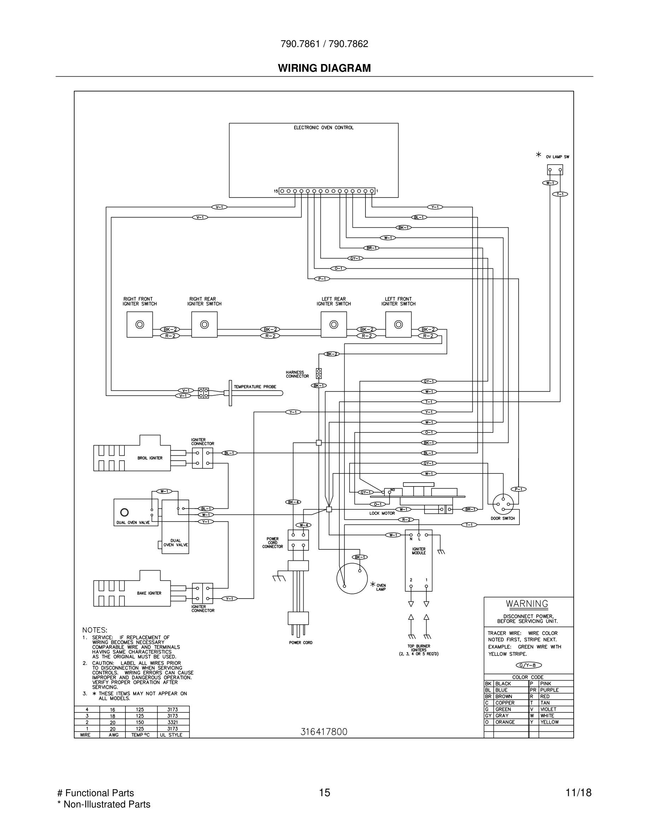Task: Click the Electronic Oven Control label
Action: click(x=323, y=128)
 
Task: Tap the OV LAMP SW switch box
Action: click(x=555, y=170)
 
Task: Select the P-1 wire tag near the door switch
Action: click(x=518, y=489)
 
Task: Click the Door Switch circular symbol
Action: click(x=503, y=504)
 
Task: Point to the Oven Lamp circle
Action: click(x=352, y=578)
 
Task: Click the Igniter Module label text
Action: click(x=419, y=551)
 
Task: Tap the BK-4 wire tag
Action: click(x=293, y=502)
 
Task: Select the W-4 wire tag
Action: click(x=303, y=525)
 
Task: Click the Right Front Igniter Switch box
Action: click(x=140, y=325)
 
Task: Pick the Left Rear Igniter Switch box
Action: click(x=334, y=325)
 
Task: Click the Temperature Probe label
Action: click(x=255, y=386)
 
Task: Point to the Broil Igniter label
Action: click(x=150, y=458)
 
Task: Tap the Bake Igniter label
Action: click(x=149, y=593)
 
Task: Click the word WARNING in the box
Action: click(x=527, y=604)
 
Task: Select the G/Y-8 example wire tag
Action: click(x=528, y=665)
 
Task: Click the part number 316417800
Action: click(x=324, y=732)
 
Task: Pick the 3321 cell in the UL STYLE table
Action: click(x=173, y=722)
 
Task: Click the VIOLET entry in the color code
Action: click(x=548, y=709)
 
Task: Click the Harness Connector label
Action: click(x=297, y=374)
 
